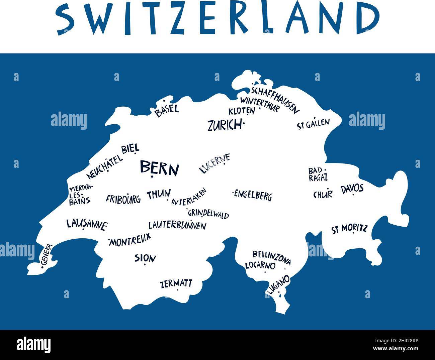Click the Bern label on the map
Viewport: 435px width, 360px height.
click(159, 168)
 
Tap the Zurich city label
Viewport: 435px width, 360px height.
click(224, 125)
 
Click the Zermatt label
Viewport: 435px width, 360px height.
click(176, 284)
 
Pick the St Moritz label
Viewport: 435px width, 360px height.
click(349, 229)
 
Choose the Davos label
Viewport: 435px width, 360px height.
click(352, 189)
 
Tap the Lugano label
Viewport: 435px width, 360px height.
click(277, 284)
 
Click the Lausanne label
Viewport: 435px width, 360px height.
click(87, 224)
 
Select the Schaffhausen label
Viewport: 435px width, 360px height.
click(275, 99)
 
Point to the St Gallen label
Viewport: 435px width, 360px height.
click(313, 124)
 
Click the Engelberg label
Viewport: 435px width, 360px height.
click(253, 195)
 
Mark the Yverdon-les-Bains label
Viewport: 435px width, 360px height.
click(80, 194)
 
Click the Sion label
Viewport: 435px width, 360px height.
click(145, 258)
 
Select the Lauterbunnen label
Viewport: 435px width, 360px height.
click(177, 225)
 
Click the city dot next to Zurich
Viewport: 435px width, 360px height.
click(244, 124)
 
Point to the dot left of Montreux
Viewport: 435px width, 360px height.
click(109, 240)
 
